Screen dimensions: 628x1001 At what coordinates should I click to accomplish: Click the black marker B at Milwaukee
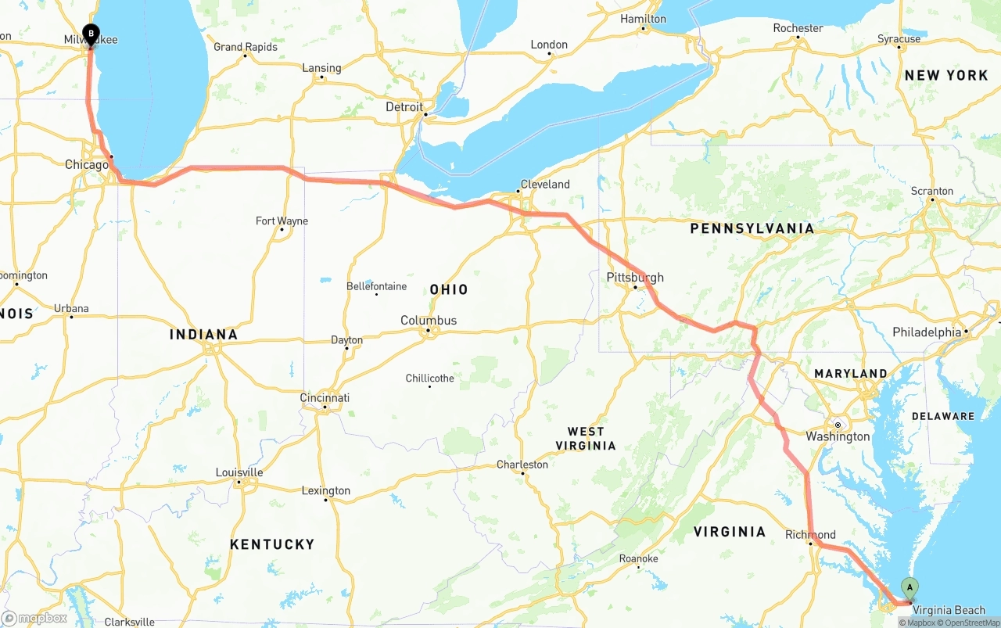[x=91, y=34]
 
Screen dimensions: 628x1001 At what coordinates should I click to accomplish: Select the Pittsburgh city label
[x=635, y=278]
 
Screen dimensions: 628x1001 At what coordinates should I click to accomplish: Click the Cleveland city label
[x=545, y=185]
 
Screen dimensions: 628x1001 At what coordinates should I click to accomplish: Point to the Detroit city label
[x=404, y=106]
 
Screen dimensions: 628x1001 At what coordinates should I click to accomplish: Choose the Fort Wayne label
[x=282, y=221]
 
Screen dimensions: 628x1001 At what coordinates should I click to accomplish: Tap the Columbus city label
[x=429, y=321]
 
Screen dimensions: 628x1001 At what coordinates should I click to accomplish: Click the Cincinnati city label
[x=325, y=398]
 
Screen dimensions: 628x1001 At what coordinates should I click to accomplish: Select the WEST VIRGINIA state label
[x=586, y=438]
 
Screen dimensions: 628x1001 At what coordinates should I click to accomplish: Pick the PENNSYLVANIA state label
[x=752, y=229]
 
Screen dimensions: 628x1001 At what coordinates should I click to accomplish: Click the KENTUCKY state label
[x=272, y=544]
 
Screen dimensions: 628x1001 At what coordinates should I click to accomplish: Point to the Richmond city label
[x=810, y=535]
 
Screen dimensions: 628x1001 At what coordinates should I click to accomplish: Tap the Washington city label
[x=838, y=436]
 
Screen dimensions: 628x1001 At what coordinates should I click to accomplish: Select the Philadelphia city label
[x=927, y=332]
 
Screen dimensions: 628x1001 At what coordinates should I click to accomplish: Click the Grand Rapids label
[x=246, y=47]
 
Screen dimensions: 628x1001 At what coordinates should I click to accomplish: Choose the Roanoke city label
[x=638, y=558]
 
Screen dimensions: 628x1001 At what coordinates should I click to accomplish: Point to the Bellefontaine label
[x=377, y=286]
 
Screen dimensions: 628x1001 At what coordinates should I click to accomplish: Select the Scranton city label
[x=931, y=191]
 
